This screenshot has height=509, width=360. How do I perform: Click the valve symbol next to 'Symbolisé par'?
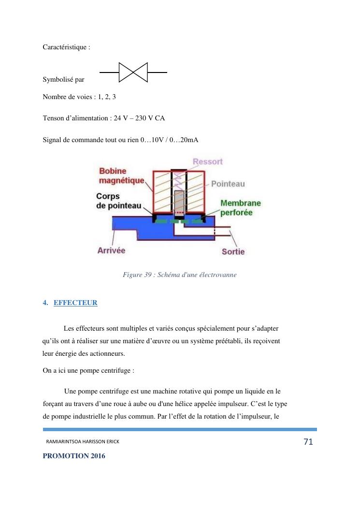pos(133,73)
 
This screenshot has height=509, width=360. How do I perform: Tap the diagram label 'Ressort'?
pos(208,161)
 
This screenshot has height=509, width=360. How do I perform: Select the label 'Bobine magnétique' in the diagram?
pos(121,175)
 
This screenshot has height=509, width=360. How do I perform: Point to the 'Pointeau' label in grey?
pos(228,184)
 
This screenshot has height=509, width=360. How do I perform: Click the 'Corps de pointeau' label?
pos(118,201)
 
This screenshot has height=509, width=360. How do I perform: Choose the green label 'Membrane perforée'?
pos(240,207)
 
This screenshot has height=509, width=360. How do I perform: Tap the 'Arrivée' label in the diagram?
pos(111,250)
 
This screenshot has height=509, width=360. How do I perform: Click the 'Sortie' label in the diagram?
pos(233,251)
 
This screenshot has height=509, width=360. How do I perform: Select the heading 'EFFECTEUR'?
pos(75,303)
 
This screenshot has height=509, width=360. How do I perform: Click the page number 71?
pos(308,441)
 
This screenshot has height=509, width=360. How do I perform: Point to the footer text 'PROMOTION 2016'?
pos(73,456)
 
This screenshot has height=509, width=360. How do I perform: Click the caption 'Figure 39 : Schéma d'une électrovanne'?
pos(179,275)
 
